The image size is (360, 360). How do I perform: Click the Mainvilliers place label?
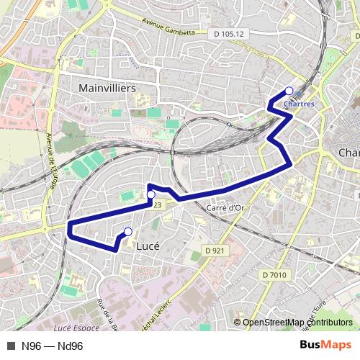107,87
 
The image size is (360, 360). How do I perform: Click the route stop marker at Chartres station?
289,91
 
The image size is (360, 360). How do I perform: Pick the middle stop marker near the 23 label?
151,195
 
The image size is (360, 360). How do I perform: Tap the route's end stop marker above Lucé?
127,231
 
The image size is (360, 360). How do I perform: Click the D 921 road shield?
215,250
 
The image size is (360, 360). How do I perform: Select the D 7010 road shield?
274,274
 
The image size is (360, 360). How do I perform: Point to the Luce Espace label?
76,328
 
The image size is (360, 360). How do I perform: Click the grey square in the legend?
10,346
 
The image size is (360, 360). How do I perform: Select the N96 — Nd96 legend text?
53,346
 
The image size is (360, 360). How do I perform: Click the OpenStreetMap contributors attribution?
297,323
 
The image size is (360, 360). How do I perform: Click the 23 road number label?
156,205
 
